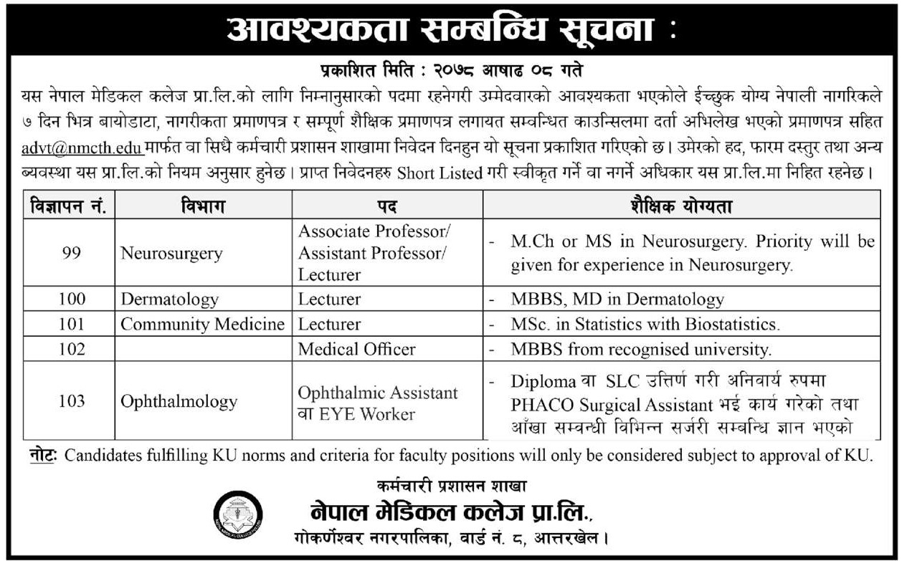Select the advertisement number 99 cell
click(71, 253)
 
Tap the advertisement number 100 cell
click(71, 299)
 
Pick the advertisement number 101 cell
click(71, 324)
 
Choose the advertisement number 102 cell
click(71, 349)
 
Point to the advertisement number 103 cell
click(71, 401)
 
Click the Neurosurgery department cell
click(171, 253)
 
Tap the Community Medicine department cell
click(202, 324)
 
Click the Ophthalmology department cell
click(179, 401)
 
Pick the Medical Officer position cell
click(356, 349)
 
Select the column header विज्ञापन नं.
click(69, 207)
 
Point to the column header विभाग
click(203, 207)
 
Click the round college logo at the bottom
click(239, 513)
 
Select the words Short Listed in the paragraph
click(437, 173)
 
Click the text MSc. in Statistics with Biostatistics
click(645, 324)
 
